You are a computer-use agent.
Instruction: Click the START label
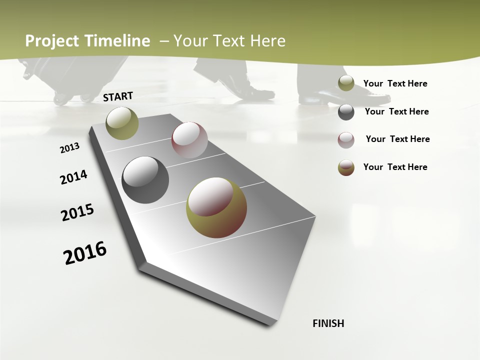click(118, 96)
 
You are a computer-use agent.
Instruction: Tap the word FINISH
click(328, 323)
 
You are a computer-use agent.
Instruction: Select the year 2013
click(69, 148)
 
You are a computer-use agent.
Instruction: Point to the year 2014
click(73, 177)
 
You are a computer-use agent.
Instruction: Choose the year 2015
click(77, 212)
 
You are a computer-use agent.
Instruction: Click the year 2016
click(85, 253)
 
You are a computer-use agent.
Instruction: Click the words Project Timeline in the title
click(87, 41)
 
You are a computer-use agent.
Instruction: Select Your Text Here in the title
click(229, 41)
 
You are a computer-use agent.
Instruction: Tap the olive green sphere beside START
click(122, 123)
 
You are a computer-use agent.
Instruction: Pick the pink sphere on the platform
click(189, 140)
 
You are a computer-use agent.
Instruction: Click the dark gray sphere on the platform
click(145, 180)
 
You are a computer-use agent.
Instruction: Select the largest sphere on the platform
click(216, 207)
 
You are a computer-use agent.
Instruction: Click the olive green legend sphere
click(346, 83)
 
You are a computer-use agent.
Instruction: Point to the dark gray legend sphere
click(346, 112)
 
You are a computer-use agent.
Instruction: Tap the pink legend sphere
click(346, 140)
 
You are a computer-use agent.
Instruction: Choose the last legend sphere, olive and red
click(346, 167)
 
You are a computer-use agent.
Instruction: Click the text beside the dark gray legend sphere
click(396, 111)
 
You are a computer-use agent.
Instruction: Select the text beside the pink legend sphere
click(397, 139)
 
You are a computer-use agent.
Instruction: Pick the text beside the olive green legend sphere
click(395, 83)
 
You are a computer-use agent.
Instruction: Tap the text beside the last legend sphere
click(395, 167)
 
